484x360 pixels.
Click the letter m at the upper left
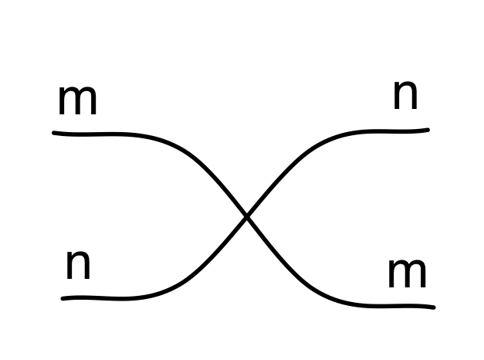coord(77,101)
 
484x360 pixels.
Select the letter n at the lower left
coord(78,265)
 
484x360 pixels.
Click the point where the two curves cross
coord(247,218)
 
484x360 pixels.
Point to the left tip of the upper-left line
coord(54,133)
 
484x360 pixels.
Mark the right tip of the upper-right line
coord(427,130)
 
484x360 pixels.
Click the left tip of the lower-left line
coord(63,298)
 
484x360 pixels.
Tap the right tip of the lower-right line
coord(433,307)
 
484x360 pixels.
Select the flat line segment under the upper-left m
coord(93,134)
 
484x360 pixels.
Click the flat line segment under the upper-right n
coord(394,131)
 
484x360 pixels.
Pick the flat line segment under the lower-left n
coord(100,298)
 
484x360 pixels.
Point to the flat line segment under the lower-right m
coord(394,305)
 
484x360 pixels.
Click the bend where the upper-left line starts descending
coord(166,142)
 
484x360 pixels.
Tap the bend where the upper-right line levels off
coord(328,140)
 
